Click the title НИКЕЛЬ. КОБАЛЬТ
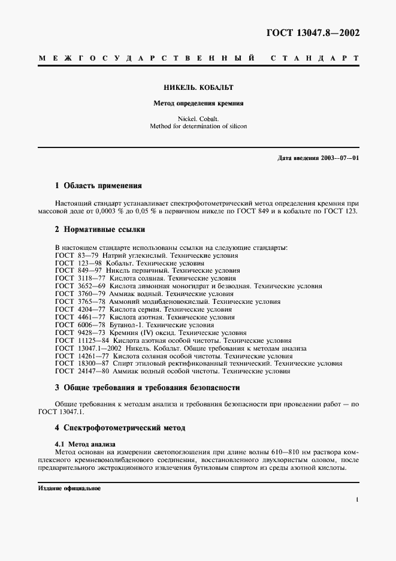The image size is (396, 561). [x=198, y=87]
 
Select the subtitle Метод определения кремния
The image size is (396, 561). [x=198, y=103]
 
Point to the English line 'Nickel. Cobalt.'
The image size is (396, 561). [x=198, y=119]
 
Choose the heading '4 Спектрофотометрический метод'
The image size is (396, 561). [x=120, y=428]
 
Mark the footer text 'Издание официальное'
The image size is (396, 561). [x=69, y=488]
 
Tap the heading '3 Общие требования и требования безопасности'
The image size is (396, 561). [x=147, y=388]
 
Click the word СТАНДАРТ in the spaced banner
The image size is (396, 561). [x=314, y=59]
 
